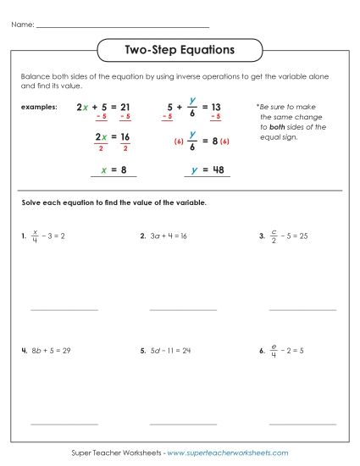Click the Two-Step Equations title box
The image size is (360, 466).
click(179, 51)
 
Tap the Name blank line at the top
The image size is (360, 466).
click(123, 27)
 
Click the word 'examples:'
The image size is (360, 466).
click(40, 108)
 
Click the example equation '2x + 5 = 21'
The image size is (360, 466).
click(102, 108)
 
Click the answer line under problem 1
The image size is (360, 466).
click(64, 310)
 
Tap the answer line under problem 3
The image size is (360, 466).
click(302, 310)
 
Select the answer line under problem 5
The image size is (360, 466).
click(183, 423)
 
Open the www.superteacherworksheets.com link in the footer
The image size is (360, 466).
click(228, 453)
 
